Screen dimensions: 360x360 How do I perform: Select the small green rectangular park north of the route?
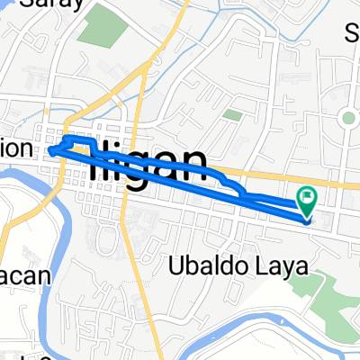click(232, 115)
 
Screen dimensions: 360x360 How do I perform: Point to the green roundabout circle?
click(346, 118)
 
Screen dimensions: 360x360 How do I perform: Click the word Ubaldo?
click(201, 265)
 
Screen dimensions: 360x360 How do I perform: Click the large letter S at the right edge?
click(353, 34)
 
